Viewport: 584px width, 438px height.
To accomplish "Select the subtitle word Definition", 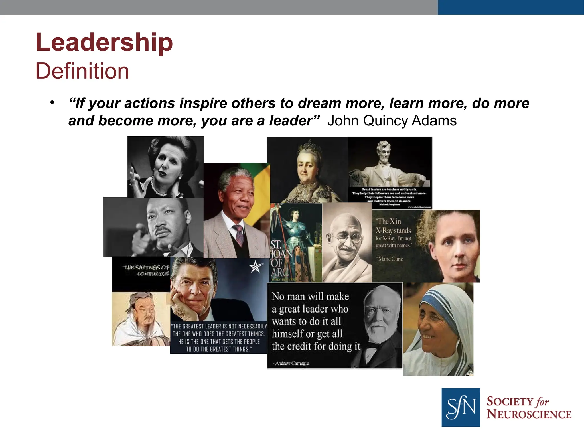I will [x=82, y=71].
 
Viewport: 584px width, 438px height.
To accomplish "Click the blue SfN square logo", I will [x=461, y=407].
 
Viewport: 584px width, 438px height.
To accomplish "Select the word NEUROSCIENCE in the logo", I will [x=529, y=414].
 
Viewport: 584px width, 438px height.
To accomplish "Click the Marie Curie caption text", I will [x=390, y=259].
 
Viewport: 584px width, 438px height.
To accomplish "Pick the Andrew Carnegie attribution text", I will [x=292, y=363].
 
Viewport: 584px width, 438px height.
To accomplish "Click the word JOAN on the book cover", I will [x=281, y=254].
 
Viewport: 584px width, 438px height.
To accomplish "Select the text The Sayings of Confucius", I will [x=146, y=270].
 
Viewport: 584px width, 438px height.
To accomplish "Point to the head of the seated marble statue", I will [x=384, y=150].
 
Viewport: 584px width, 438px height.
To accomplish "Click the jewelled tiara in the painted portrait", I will [x=308, y=146].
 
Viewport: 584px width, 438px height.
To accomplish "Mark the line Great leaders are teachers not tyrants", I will [x=389, y=189].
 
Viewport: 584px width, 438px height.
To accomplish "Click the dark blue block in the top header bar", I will [x=510, y=7].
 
